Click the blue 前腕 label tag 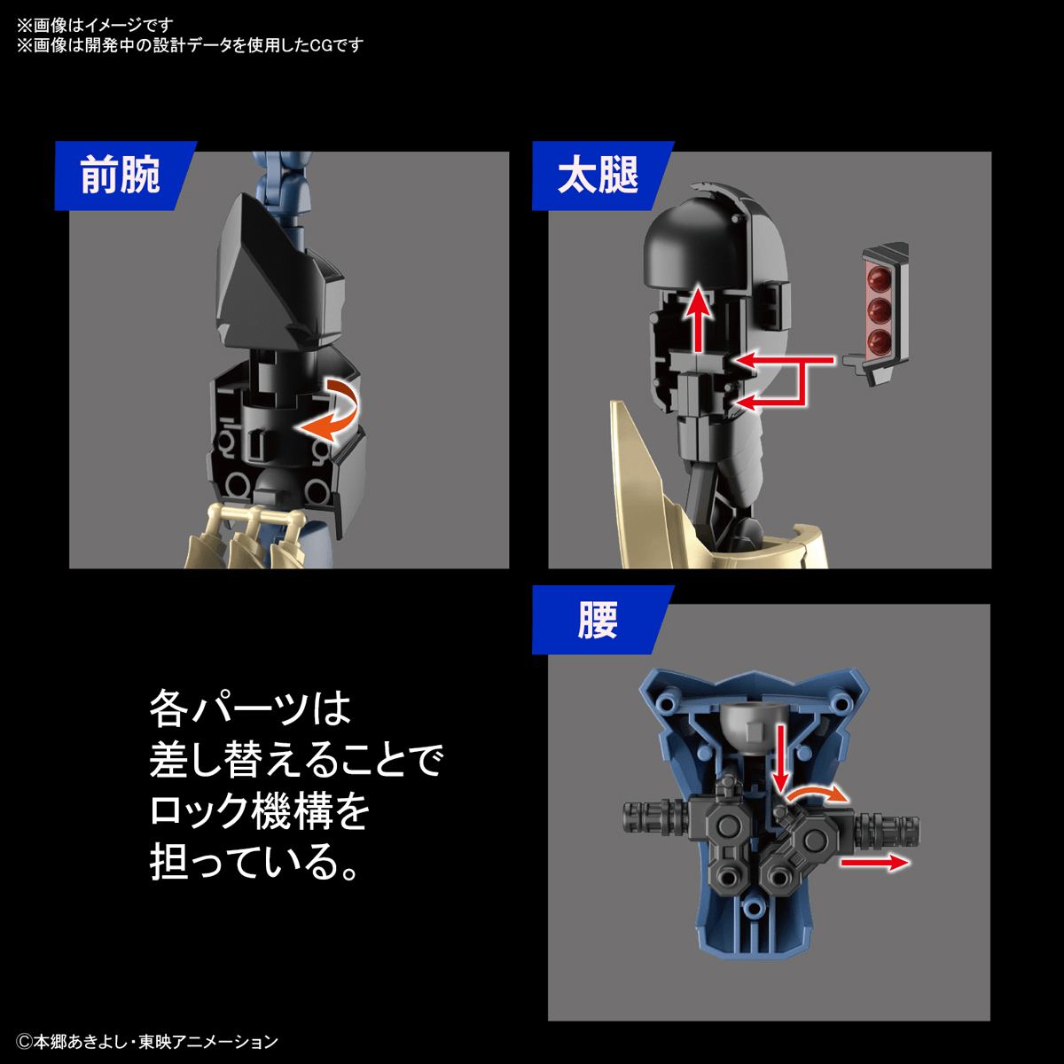[121, 176]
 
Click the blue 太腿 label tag [599, 176]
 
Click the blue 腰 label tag [598, 620]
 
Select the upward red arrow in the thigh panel [700, 319]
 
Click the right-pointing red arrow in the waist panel [873, 862]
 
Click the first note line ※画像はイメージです [95, 25]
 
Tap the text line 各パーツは [250, 708]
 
